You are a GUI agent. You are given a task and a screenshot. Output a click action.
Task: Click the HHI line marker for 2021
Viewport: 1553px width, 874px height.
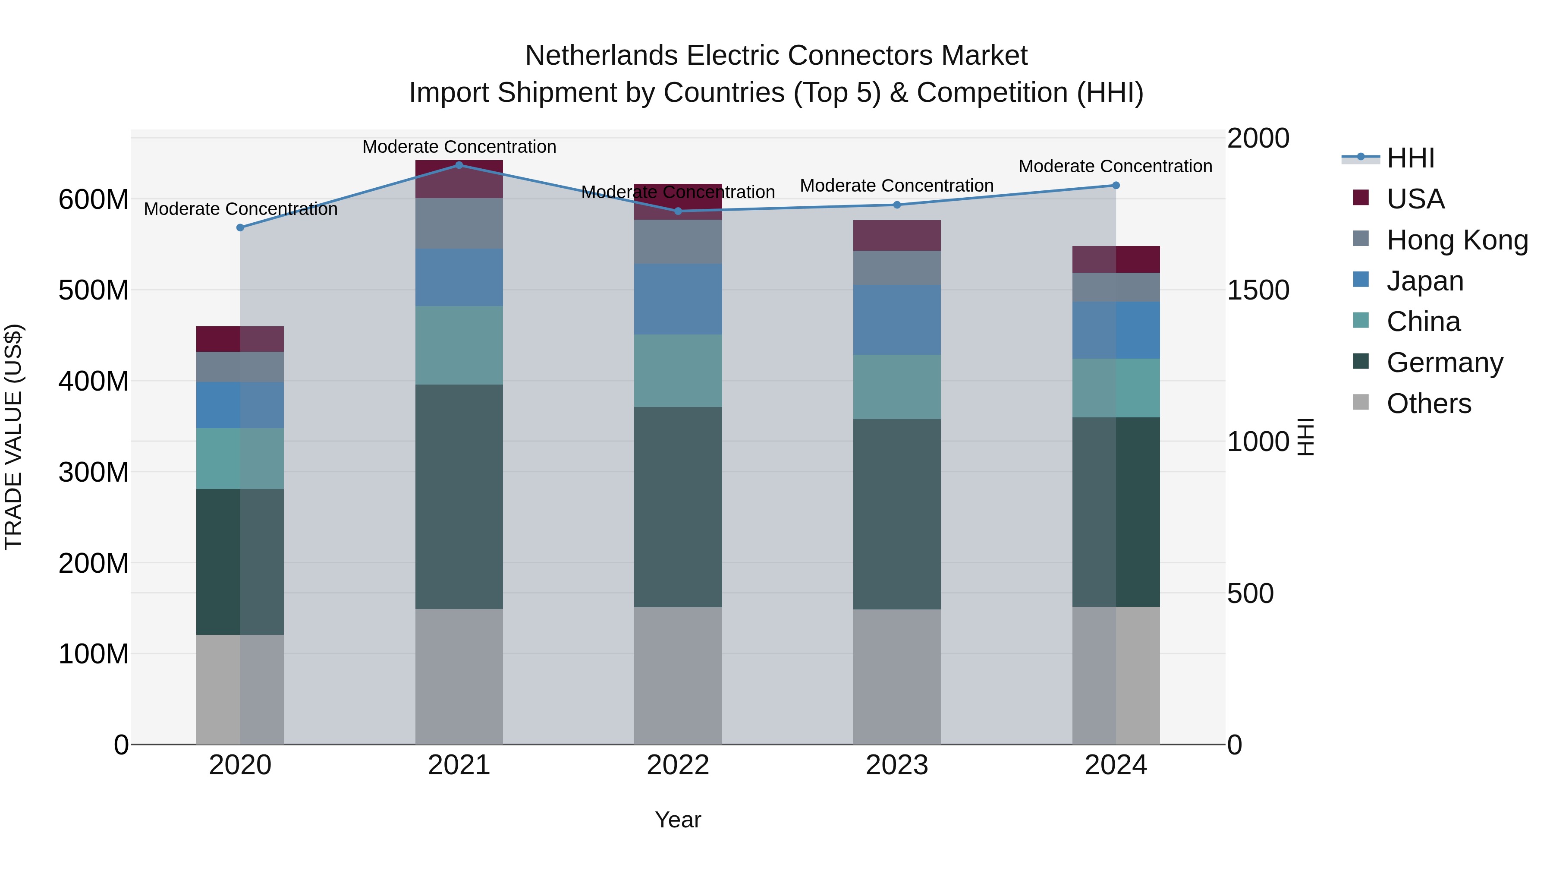459,165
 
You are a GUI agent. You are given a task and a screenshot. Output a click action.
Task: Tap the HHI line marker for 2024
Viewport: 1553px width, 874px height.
1116,186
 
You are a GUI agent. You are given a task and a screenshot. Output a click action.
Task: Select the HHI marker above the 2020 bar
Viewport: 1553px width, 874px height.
240,228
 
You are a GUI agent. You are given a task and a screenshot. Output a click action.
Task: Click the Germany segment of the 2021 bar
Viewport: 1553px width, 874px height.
459,496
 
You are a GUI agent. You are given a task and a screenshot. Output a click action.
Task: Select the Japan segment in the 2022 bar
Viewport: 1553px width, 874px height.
678,299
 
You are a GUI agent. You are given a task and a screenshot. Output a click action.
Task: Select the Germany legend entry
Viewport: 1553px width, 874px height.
1444,363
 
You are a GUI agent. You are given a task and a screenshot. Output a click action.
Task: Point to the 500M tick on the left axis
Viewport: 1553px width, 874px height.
94,290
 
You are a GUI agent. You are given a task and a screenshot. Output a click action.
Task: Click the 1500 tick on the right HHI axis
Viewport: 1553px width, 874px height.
1257,290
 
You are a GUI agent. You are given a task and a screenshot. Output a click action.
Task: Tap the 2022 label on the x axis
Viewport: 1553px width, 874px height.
678,765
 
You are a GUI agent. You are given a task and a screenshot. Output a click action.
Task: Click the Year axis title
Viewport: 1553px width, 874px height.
678,820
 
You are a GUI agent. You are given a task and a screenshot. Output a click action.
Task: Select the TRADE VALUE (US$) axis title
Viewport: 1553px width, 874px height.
13,437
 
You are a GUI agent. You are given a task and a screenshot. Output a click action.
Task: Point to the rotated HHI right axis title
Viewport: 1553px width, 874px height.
1306,437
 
